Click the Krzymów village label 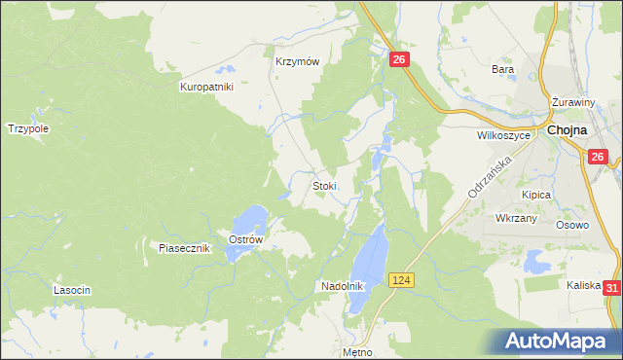point(298,60)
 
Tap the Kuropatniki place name point(206,87)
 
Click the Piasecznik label point(185,248)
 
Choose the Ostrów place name point(245,239)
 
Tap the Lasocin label point(72,290)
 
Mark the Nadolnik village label point(342,286)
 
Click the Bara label point(502,69)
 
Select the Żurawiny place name point(573,102)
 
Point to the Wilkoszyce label point(503,136)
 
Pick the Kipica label point(535,195)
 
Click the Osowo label point(572,225)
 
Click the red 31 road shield point(611,288)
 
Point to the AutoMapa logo point(556,341)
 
